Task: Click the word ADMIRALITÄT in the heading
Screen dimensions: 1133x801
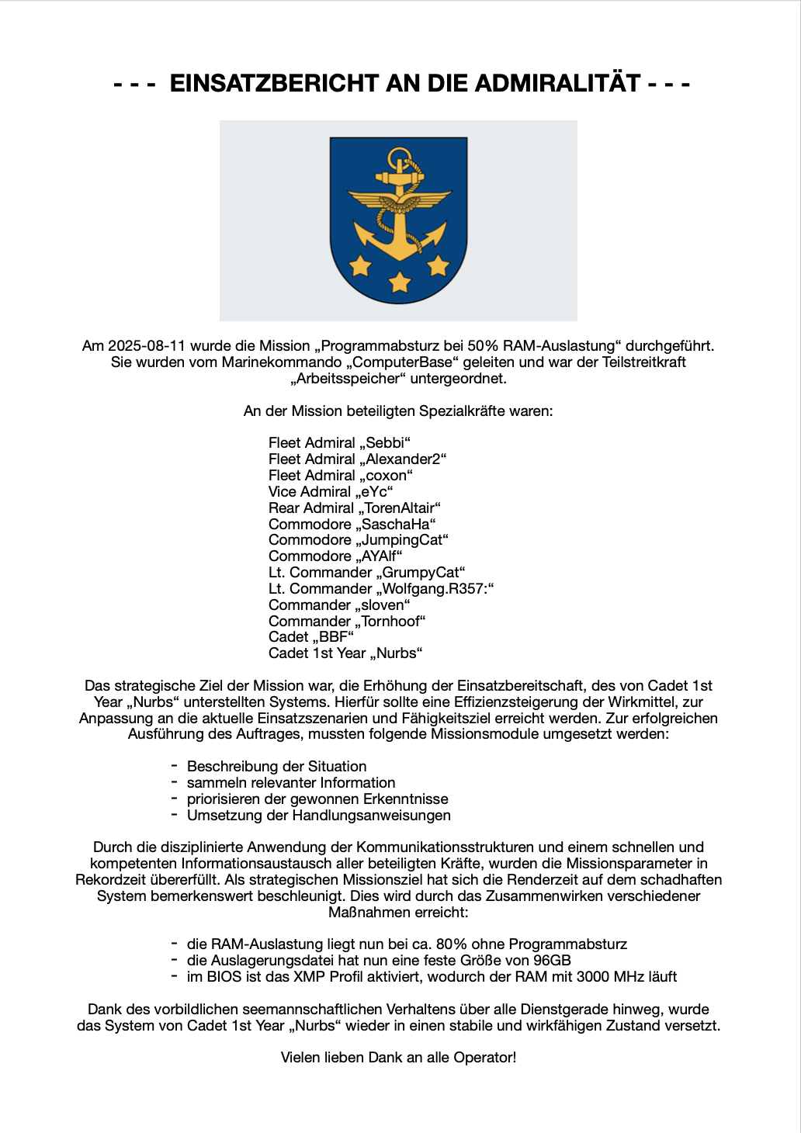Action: (557, 83)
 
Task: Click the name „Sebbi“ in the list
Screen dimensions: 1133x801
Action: (385, 443)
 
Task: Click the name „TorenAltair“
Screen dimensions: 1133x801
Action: (399, 508)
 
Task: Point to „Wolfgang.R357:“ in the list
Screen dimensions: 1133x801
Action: (435, 589)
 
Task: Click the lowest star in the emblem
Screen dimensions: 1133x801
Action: (400, 281)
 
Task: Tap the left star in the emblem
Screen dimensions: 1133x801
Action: (360, 265)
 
